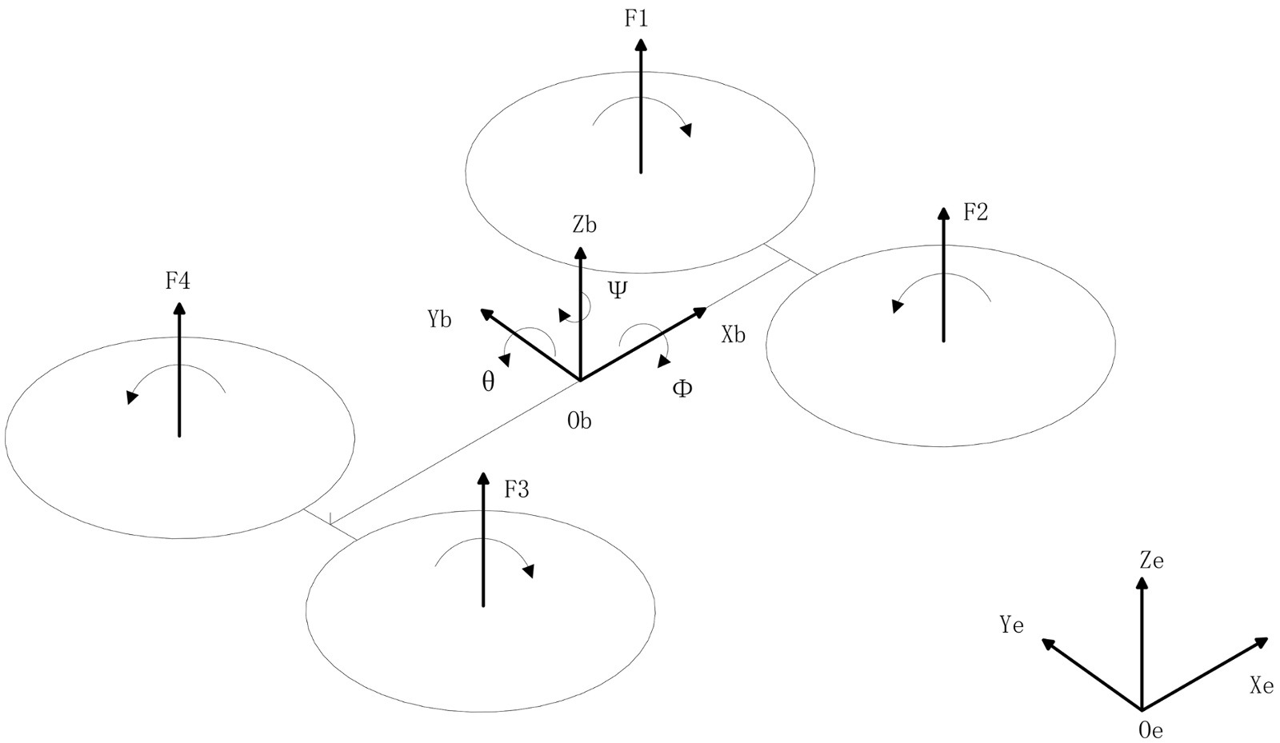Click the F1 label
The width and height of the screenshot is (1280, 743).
click(636, 18)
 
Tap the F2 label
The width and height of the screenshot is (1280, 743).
click(975, 212)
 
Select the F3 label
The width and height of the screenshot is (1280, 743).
click(516, 489)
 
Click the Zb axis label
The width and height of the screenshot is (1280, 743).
click(584, 225)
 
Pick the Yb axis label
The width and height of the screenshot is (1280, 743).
click(439, 320)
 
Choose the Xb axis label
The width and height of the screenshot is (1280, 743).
click(733, 334)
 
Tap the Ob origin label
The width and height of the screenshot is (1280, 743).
click(579, 421)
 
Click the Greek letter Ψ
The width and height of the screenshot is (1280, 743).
click(618, 290)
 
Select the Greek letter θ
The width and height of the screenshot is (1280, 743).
click(488, 381)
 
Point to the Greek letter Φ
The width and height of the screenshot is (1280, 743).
click(682, 389)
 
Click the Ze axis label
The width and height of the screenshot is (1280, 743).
click(1151, 561)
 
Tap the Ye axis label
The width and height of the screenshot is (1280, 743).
click(1011, 625)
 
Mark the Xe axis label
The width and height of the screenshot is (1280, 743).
click(1261, 685)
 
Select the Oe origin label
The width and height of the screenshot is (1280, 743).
click(1150, 729)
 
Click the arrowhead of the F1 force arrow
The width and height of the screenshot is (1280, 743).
click(641, 44)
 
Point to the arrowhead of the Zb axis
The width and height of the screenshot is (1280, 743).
click(580, 254)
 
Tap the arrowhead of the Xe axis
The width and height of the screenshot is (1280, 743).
click(1261, 641)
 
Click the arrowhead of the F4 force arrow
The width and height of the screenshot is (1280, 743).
click(179, 310)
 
